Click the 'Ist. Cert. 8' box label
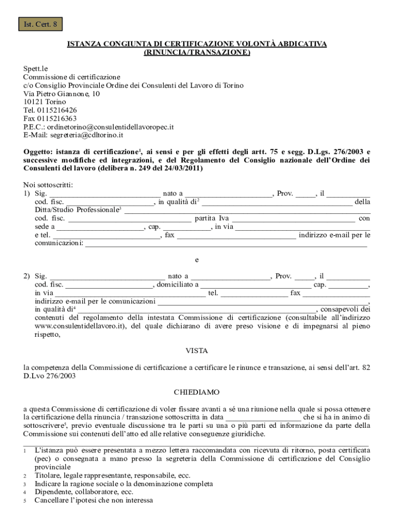coord(40,25)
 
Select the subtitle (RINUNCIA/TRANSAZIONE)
coord(197,52)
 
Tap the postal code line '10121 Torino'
coord(45,102)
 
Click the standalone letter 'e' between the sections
coord(197,259)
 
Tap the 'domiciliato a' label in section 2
coord(177,285)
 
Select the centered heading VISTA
coord(196,351)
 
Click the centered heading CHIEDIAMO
coord(196,392)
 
